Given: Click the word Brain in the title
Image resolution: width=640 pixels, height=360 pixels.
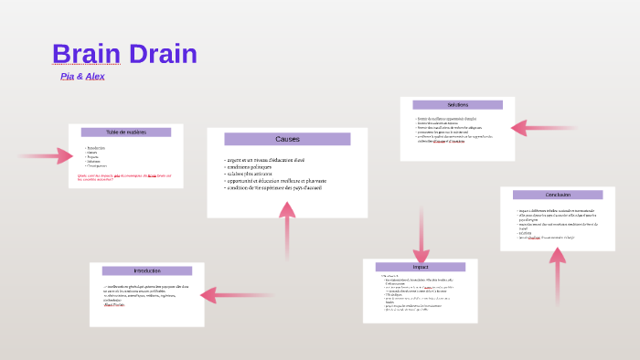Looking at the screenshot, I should (84, 54).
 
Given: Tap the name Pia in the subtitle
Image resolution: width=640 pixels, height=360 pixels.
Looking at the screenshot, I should (67, 76).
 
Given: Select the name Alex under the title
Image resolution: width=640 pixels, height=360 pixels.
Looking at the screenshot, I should (95, 76).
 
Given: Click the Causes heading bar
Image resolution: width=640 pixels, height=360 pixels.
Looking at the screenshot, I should (287, 139).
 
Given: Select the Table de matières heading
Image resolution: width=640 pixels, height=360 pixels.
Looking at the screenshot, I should (126, 132).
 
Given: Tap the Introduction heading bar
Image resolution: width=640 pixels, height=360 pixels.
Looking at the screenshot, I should (146, 270).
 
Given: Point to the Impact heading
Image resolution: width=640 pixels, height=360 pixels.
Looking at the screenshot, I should (421, 267).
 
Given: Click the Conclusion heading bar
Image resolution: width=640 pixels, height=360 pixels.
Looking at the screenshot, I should (558, 195).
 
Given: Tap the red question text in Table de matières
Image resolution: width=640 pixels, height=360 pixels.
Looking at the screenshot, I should (124, 176).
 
